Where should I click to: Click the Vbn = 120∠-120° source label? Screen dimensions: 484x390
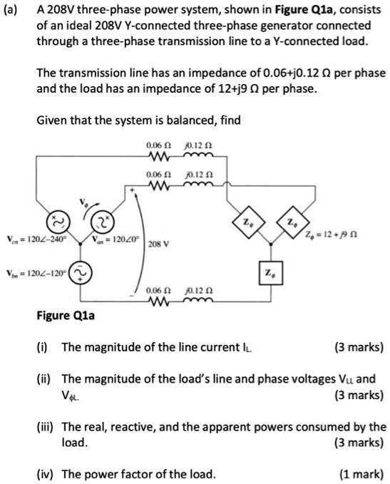(36, 274)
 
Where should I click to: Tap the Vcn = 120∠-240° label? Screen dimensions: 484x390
(35, 238)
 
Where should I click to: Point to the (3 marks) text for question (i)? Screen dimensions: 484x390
(358, 348)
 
